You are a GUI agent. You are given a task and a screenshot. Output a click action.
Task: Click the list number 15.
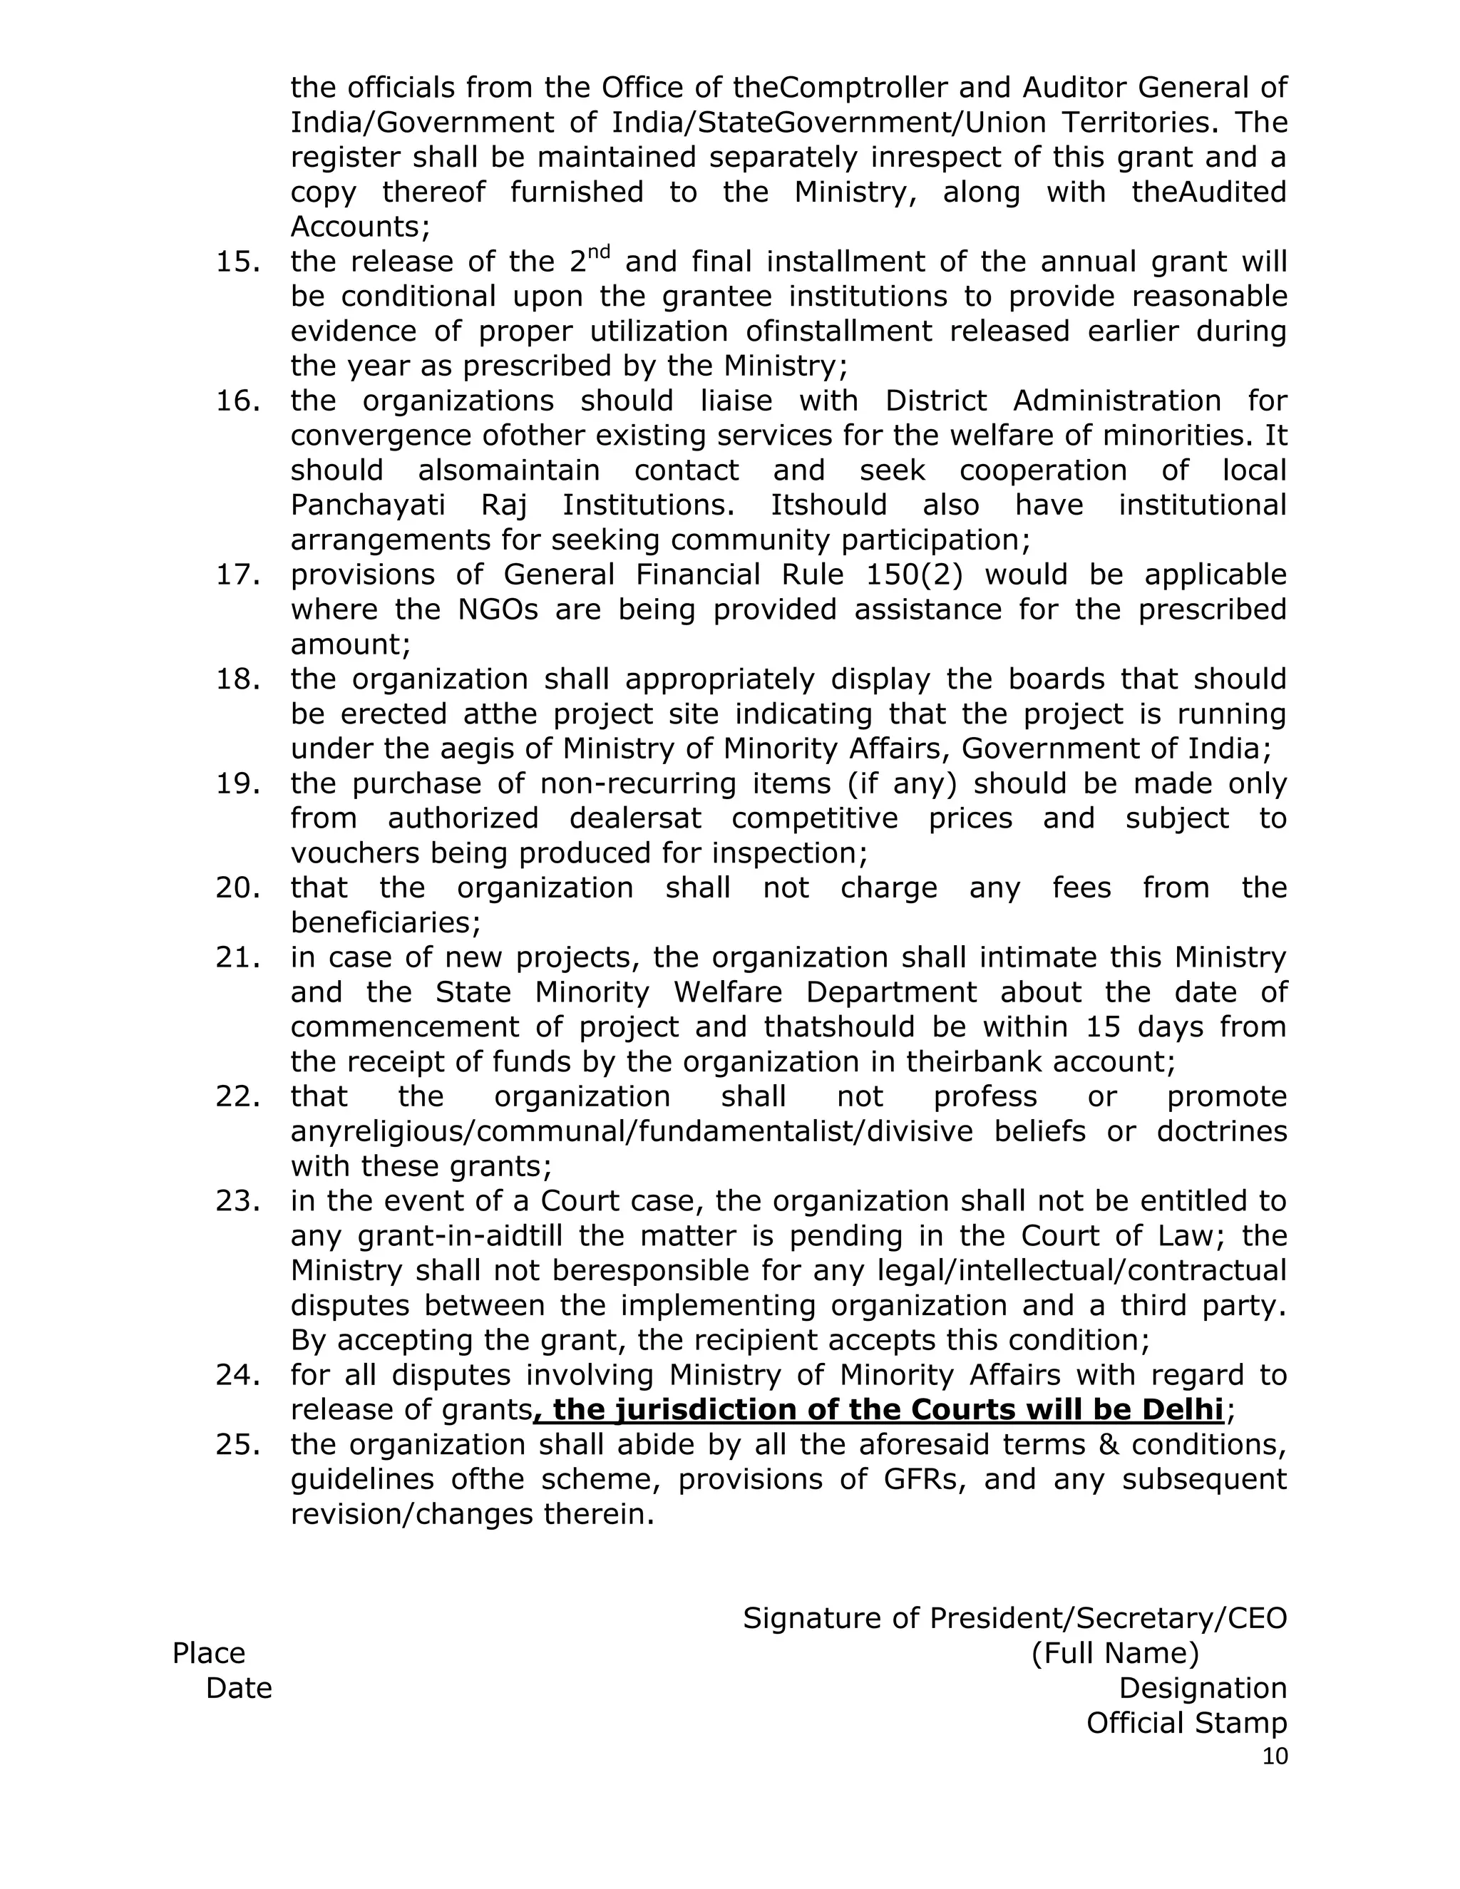[x=237, y=262]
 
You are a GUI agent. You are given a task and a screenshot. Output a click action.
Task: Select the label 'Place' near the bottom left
[x=208, y=1653]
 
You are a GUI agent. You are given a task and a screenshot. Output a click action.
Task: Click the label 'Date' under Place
[x=239, y=1687]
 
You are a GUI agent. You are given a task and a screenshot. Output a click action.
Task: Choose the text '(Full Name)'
[x=1115, y=1653]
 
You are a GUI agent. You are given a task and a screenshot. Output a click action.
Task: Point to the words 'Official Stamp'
[x=1186, y=1722]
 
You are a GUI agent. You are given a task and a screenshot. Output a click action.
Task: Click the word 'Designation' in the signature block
[x=1202, y=1687]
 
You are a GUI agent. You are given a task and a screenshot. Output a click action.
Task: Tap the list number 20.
[x=237, y=888]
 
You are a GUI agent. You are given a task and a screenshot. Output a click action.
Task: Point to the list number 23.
[x=237, y=1201]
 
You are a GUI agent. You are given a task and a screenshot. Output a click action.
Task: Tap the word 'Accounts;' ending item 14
[x=360, y=227]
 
